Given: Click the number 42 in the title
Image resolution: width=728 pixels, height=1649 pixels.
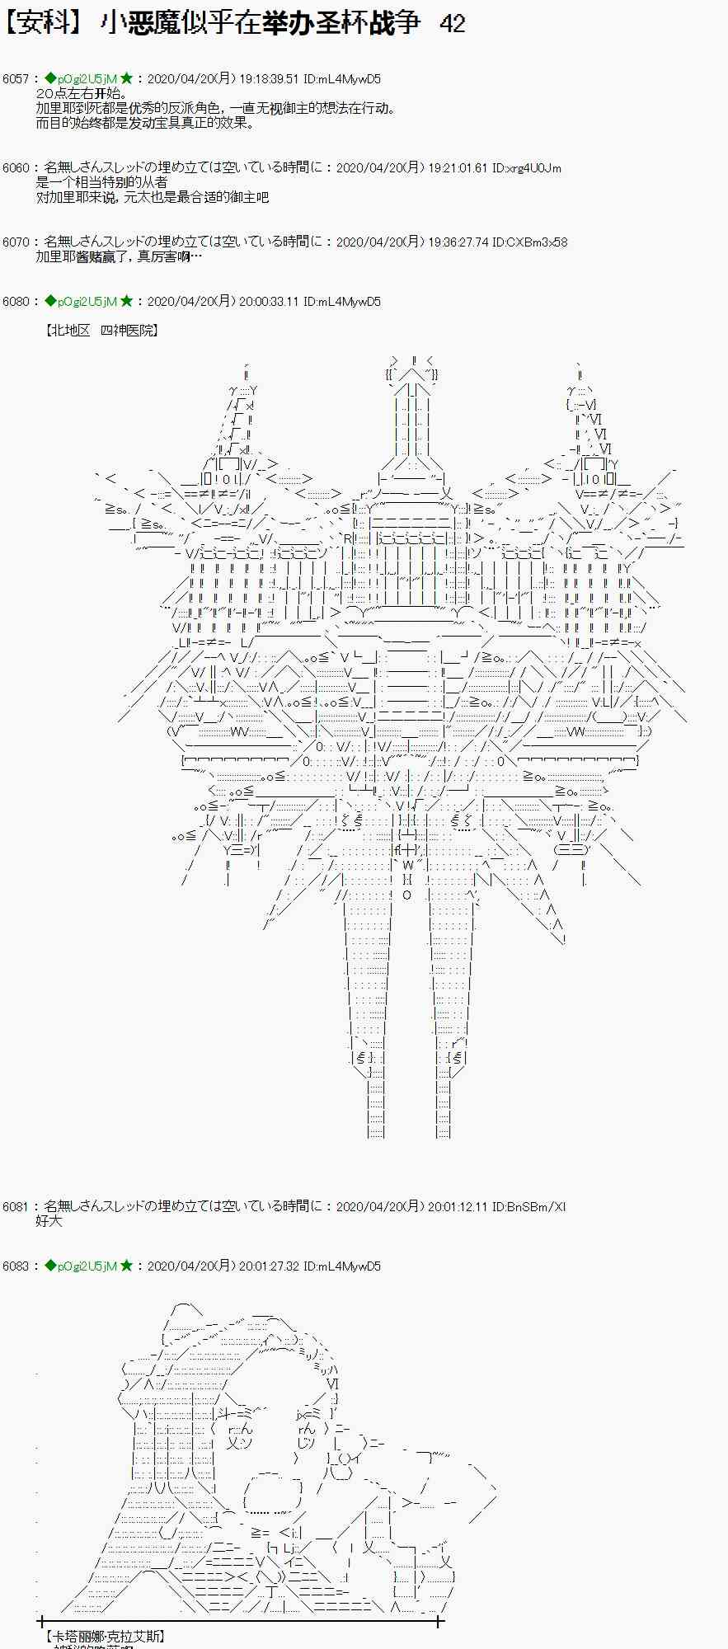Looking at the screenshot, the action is pos(453,23).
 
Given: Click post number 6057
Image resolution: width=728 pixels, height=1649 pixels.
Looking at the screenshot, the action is pos(16,79).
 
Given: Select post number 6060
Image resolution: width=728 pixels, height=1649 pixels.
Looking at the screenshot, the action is pos(16,168).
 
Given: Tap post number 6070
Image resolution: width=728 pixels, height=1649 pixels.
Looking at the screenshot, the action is pos(16,242).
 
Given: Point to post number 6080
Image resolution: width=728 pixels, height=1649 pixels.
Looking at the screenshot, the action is pos(16,302).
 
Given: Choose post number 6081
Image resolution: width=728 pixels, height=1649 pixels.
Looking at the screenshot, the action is pos(16,1207).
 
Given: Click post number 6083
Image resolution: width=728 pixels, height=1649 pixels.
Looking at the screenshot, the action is pos(16,1266).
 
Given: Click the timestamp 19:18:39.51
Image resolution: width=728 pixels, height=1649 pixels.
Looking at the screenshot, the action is pos(269,79).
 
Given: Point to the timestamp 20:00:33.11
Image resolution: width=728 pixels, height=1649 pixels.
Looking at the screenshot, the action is pos(269,302).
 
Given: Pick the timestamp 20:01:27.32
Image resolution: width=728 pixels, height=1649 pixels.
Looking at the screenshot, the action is pos(269,1266).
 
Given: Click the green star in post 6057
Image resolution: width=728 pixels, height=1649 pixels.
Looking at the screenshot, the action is pos(126,79).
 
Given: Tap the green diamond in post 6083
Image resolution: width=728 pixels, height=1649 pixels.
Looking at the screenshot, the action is pos(50,1266).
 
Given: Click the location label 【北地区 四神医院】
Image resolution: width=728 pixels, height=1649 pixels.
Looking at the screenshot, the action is pos(102,331).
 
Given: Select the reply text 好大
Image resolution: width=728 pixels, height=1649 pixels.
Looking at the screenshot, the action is pos(49,1221).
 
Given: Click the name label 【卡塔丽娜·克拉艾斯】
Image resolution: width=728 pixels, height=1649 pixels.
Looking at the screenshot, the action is pos(104,1636).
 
